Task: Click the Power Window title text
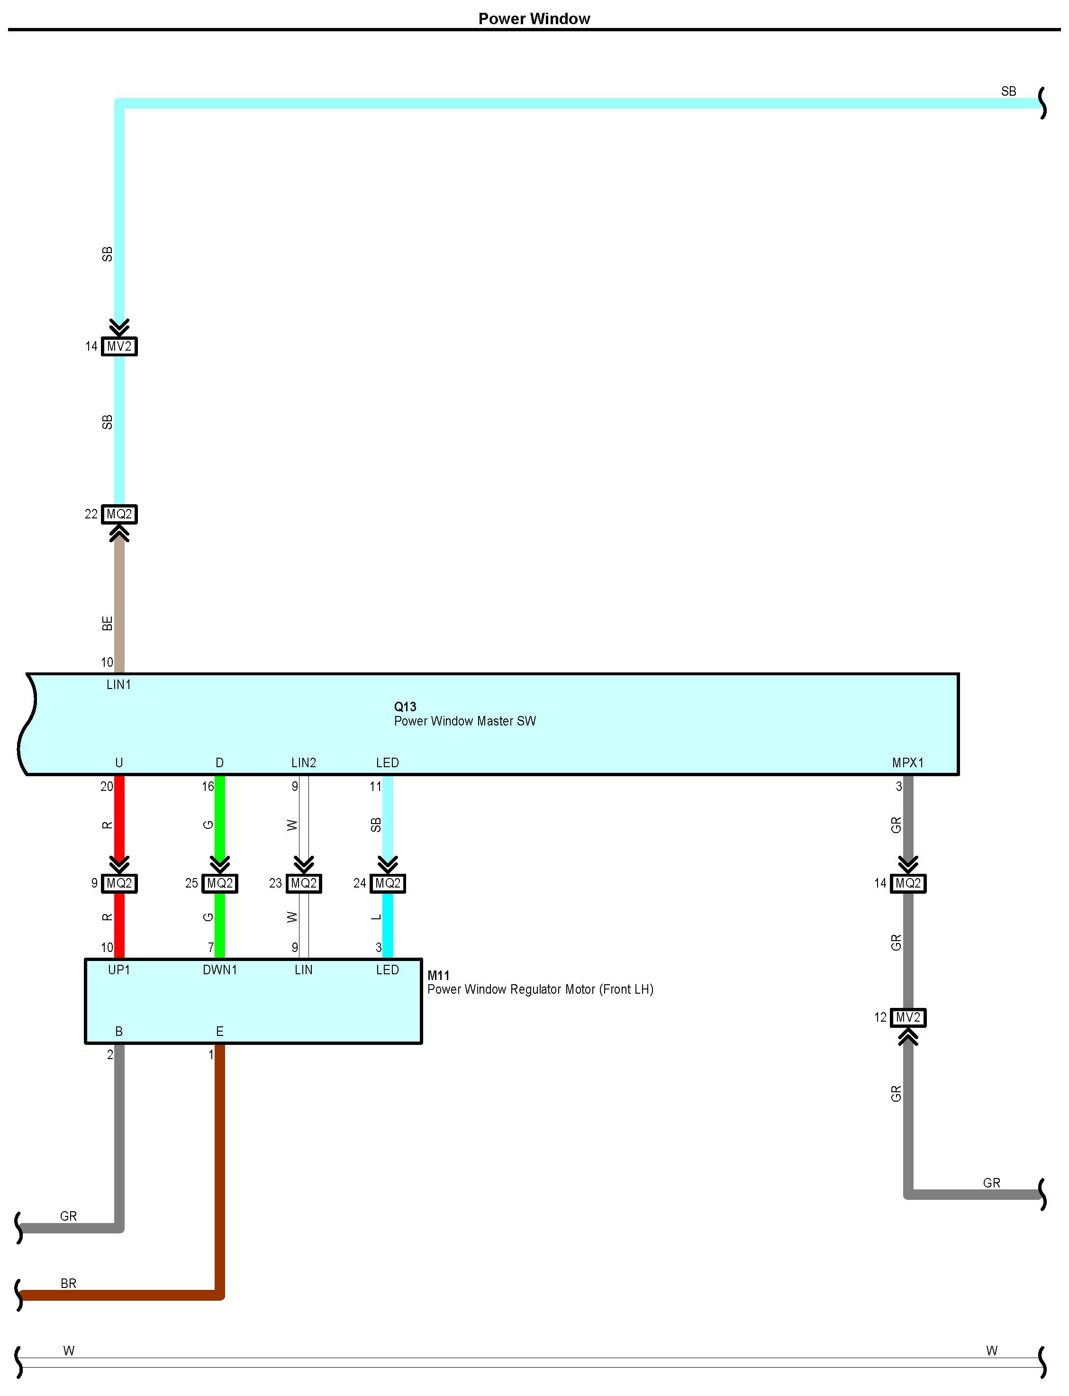(x=534, y=18)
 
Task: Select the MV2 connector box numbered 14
(x=119, y=346)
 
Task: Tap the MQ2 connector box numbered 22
(x=119, y=514)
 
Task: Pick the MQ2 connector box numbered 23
(x=304, y=883)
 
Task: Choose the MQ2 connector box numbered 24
(x=388, y=883)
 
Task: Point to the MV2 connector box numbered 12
(x=908, y=1017)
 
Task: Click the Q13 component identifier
(x=405, y=706)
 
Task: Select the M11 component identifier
(x=438, y=975)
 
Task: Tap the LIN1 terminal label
(x=118, y=685)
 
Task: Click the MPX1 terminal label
(x=907, y=762)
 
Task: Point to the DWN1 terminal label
(x=219, y=970)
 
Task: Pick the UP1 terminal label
(x=118, y=970)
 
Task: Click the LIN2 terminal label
(x=304, y=762)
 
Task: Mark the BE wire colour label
(x=108, y=624)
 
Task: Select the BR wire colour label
(x=68, y=1283)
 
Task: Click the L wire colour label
(x=376, y=917)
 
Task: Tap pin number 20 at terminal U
(x=106, y=787)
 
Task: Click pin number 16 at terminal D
(x=208, y=787)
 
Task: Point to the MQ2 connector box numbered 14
(x=908, y=883)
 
